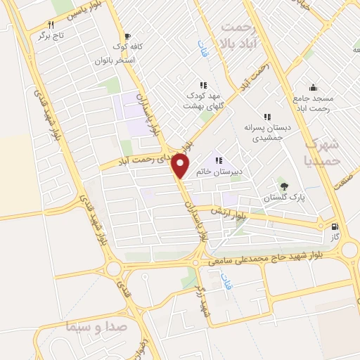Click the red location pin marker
coord(181,166)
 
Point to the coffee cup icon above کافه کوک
coord(127,37)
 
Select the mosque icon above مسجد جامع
coord(312,87)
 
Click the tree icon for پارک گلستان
coord(283,186)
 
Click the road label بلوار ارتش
coord(229,212)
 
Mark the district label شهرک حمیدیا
coord(323,150)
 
